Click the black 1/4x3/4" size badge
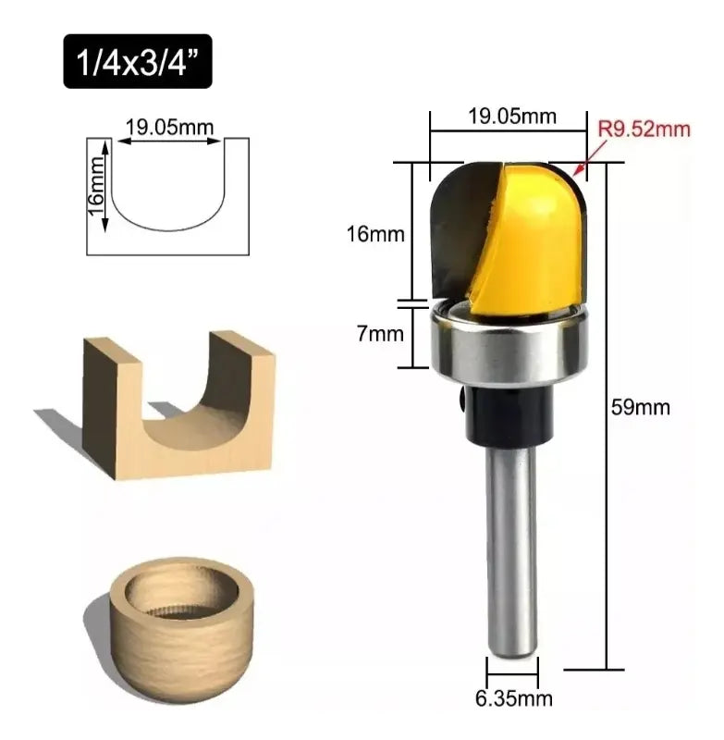[x=138, y=61]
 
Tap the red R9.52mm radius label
[x=644, y=129]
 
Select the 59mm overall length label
[x=641, y=407]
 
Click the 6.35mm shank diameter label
[x=513, y=698]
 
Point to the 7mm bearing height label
[x=380, y=334]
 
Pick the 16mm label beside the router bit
[x=375, y=234]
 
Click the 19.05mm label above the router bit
[x=511, y=116]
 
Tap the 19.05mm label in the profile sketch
[x=169, y=127]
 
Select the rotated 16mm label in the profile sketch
[x=96, y=187]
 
